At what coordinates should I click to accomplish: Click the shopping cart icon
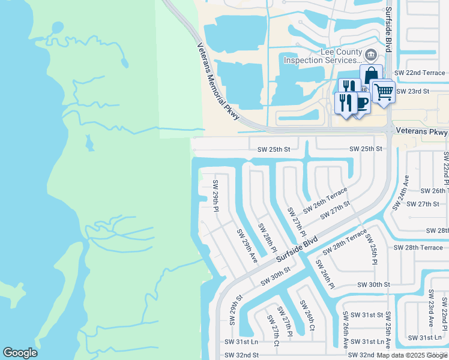tap(382, 92)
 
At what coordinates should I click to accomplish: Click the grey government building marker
tap(372, 56)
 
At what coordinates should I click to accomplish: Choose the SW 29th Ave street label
tap(247, 246)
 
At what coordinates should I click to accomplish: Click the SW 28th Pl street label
tap(268, 238)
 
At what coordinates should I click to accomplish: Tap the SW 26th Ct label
tap(309, 317)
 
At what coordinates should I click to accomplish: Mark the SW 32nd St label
tap(241, 355)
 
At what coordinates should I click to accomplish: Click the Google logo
tap(20, 353)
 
